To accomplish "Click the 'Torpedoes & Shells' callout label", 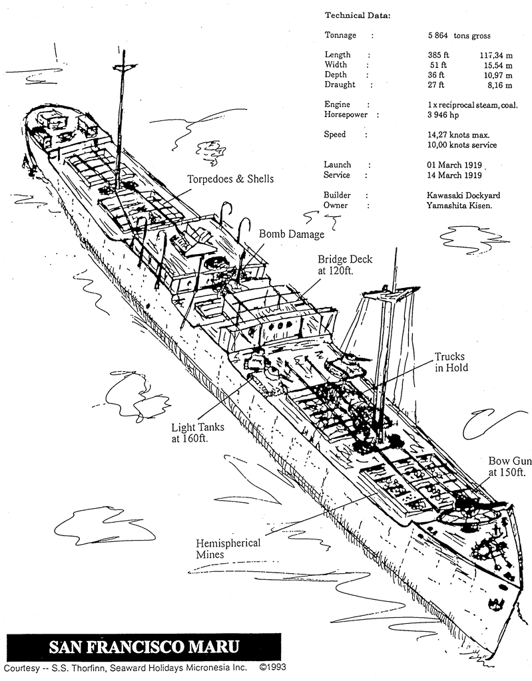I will coord(230,179).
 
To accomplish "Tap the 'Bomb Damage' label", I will coord(292,234).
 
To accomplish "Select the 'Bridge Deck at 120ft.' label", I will coord(345,265).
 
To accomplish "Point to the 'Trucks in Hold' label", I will coord(451,362).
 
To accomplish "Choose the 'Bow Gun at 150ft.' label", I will coord(509,466).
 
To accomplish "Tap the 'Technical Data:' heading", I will coord(358,15).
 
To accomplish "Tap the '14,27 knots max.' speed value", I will coord(459,134).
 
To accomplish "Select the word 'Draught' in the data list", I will coord(340,85).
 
